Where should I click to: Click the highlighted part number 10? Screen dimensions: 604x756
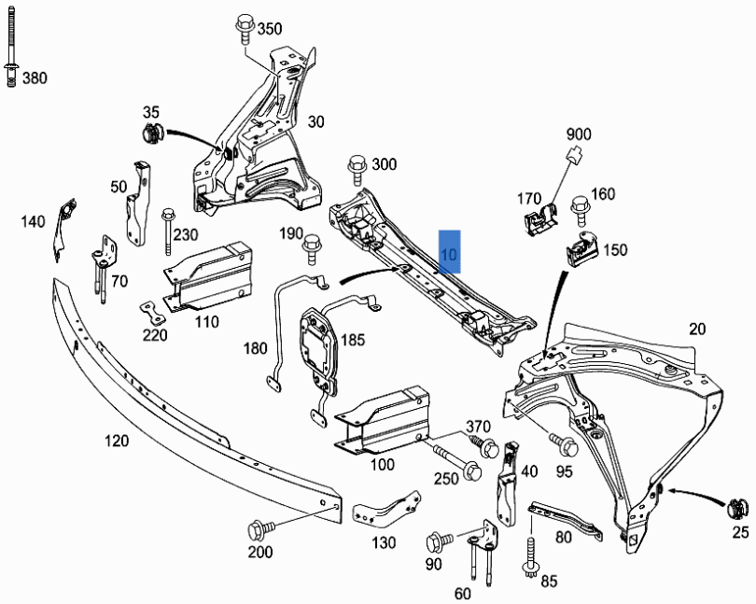click(x=449, y=253)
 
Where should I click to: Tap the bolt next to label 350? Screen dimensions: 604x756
click(x=244, y=28)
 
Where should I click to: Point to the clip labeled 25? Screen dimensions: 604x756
click(x=738, y=511)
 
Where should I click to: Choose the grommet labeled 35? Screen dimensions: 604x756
click(x=151, y=133)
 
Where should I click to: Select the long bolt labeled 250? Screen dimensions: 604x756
click(x=455, y=461)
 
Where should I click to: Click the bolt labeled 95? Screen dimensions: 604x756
click(x=564, y=444)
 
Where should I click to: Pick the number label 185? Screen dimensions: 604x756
click(x=351, y=341)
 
